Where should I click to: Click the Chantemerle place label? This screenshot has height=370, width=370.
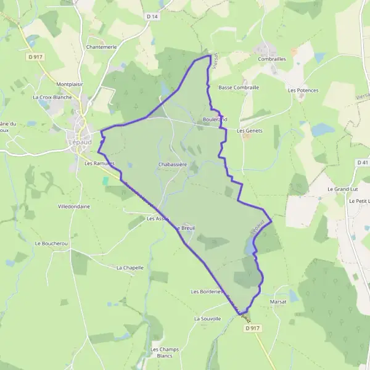[102, 47]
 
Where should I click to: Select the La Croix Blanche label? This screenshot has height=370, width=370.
[52, 97]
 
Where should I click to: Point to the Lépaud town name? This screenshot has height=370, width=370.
[77, 142]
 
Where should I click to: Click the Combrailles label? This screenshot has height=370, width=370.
[272, 59]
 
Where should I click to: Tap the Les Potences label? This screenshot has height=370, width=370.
[303, 90]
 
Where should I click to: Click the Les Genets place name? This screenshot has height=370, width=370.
[250, 131]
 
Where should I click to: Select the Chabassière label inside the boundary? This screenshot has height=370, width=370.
[172, 165]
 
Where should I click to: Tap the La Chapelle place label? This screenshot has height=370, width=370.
[130, 268]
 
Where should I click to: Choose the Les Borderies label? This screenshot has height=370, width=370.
[207, 292]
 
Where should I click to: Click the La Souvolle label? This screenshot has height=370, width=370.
[207, 319]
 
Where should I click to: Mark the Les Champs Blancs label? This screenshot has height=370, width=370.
[165, 353]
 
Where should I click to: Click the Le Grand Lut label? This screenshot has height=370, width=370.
[342, 189]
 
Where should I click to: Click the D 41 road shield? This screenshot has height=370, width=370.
[362, 162]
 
